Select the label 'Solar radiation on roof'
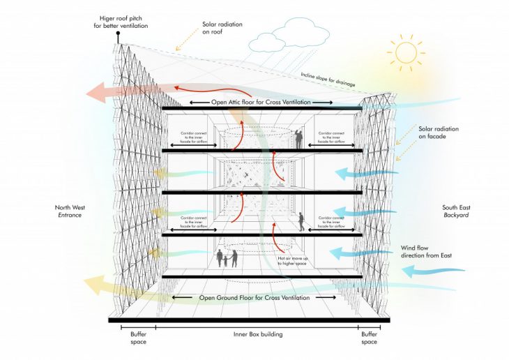[x=221, y=29]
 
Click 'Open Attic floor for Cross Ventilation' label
[x=261, y=103]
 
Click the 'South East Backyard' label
[x=456, y=211]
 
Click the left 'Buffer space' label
[x=138, y=338]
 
